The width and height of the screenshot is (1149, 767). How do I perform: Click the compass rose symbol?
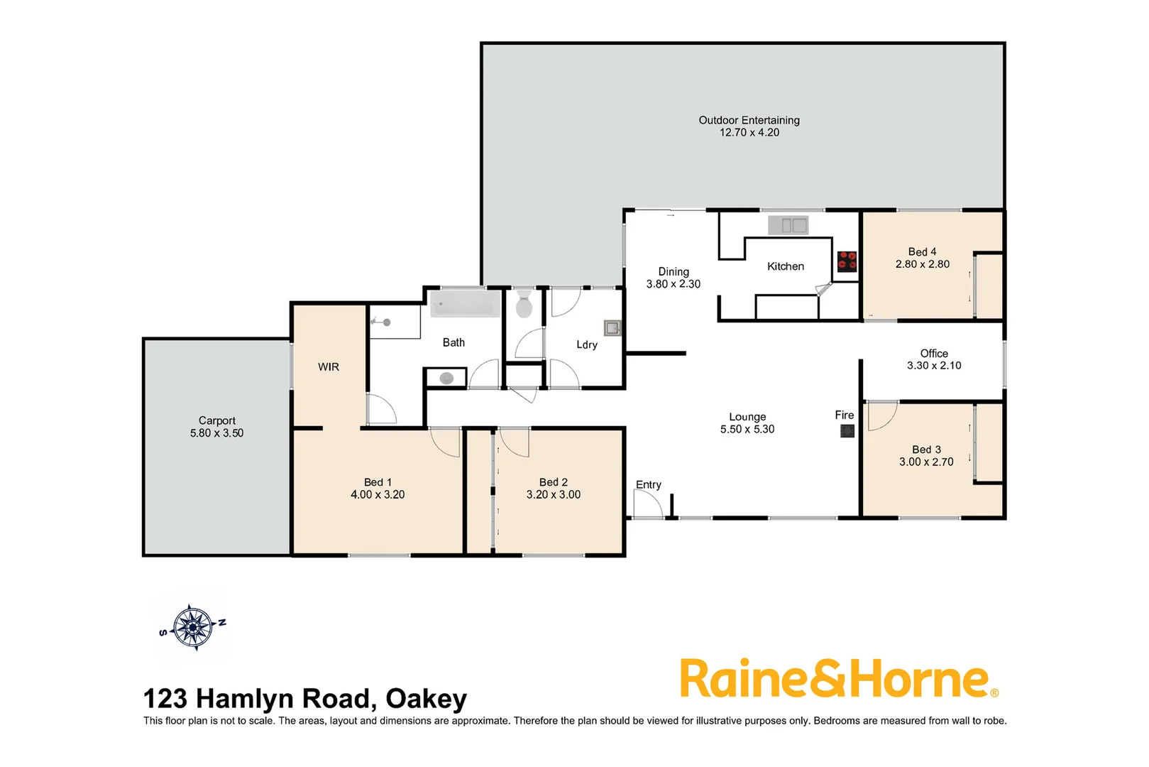click(x=193, y=627)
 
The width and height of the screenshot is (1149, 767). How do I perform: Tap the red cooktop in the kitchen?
click(x=847, y=261)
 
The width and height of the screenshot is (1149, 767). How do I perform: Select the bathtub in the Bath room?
click(x=465, y=305)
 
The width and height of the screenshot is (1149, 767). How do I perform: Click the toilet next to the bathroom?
click(x=524, y=304)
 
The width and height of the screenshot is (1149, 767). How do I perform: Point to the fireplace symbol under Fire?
click(x=847, y=431)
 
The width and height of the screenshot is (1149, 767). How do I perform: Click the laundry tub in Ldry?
click(x=612, y=327)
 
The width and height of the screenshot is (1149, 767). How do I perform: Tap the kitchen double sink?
click(x=788, y=225)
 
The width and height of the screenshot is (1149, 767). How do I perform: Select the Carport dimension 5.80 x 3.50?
click(x=216, y=433)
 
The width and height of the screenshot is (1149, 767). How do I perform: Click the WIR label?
click(x=329, y=367)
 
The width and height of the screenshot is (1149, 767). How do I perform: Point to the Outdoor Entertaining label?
click(x=749, y=120)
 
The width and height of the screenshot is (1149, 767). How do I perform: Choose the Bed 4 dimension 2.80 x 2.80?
click(x=922, y=264)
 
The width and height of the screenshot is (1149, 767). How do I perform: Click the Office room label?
click(x=934, y=354)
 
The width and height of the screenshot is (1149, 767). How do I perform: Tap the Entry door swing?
click(x=647, y=505)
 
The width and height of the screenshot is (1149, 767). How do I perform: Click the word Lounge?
click(x=747, y=417)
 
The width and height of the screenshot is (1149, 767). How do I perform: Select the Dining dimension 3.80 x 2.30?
click(x=673, y=284)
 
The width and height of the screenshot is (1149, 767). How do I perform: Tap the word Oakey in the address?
click(x=426, y=700)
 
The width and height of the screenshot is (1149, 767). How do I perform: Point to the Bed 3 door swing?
click(x=881, y=415)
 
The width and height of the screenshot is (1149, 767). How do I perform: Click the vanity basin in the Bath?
click(x=446, y=379)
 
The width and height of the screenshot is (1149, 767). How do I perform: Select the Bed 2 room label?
click(x=553, y=482)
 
